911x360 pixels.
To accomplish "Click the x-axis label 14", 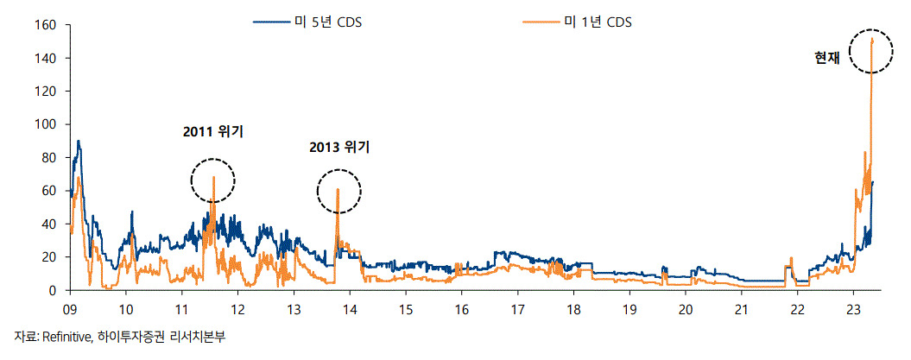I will (x=349, y=309).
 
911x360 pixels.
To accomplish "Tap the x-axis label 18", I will (x=573, y=309).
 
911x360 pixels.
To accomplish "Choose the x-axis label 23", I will (x=853, y=309).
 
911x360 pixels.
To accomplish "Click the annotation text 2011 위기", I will (x=212, y=132).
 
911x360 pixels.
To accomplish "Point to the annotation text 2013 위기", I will (x=339, y=148).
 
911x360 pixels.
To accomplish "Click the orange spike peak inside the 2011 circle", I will (x=213, y=178).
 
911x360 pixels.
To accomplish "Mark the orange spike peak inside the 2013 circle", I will (x=338, y=190).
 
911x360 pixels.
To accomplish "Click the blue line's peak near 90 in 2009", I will (x=79, y=142).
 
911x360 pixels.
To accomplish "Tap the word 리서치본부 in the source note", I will (x=203, y=336).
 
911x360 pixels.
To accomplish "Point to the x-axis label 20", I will (x=685, y=309).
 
